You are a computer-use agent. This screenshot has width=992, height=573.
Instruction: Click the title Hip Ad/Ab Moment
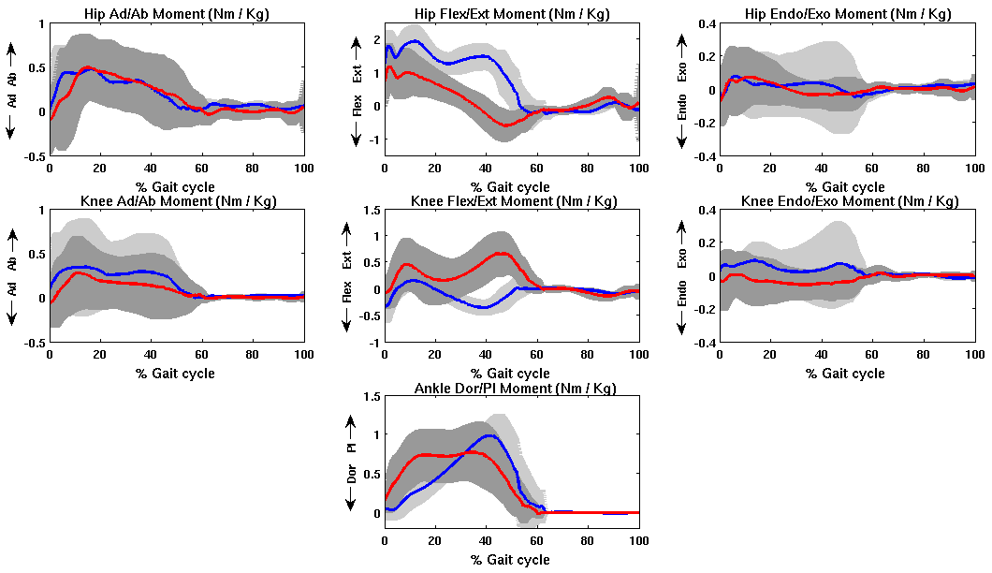(176, 14)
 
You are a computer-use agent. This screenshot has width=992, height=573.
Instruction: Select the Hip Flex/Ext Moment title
(511, 14)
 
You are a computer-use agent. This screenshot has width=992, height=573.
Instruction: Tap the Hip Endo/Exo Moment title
(846, 14)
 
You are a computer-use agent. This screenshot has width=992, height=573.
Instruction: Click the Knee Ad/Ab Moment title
(176, 201)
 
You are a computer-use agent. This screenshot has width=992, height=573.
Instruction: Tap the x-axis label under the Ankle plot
(511, 560)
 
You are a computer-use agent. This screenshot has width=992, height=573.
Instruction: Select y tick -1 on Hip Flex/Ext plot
(372, 140)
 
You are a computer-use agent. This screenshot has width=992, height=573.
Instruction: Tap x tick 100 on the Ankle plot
(639, 541)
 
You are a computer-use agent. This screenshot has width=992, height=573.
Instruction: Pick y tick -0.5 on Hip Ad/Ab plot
(33, 156)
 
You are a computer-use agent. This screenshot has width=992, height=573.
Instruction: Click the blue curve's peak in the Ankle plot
(489, 435)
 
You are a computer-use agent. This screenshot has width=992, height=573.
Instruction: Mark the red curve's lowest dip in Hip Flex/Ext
(507, 125)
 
